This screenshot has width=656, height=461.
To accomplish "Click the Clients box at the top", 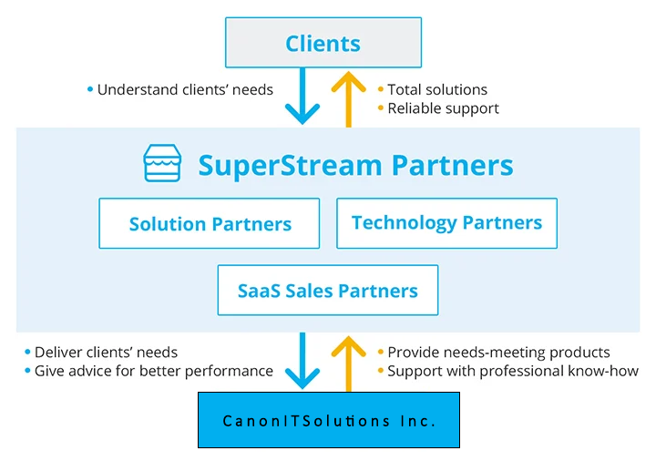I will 323,43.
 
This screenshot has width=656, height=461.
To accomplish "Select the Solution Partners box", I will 210,223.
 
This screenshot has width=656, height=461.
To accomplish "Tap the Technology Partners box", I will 446,223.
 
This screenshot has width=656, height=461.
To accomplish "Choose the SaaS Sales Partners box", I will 328,291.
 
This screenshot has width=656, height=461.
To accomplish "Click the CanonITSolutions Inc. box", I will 329,421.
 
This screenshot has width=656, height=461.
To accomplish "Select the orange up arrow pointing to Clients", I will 348,98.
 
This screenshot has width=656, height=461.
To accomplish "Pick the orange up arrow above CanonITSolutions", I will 348,360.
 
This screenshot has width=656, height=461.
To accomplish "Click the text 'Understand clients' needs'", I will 185,89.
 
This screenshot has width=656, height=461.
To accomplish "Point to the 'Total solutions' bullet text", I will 437,89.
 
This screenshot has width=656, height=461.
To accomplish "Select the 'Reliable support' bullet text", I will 443,108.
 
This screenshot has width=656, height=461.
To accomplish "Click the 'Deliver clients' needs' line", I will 106,352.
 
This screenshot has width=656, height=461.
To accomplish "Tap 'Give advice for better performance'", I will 153,371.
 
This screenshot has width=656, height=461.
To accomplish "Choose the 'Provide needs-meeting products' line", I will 498,352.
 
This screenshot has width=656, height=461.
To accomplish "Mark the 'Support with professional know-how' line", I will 513,371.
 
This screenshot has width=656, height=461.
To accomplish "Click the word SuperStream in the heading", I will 290,166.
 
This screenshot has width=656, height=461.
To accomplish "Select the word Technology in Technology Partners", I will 404,222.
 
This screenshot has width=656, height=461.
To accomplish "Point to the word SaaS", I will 258,291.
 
